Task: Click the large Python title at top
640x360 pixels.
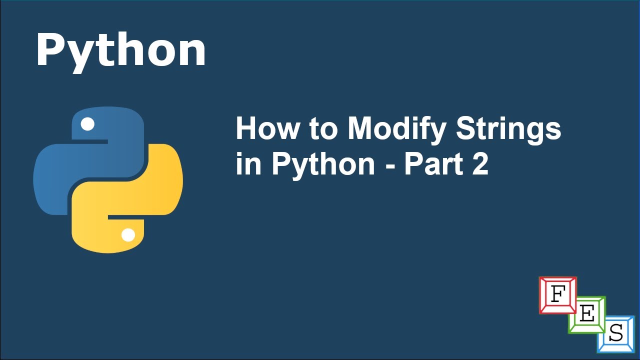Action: coord(120,50)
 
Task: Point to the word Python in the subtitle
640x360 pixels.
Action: coord(323,165)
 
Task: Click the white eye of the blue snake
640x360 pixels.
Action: coord(87,124)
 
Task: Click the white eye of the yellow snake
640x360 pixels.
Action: coord(128,235)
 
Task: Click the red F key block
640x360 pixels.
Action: coord(557,295)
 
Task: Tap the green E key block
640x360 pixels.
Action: coord(587,314)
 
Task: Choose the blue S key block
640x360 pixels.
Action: coord(616,333)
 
